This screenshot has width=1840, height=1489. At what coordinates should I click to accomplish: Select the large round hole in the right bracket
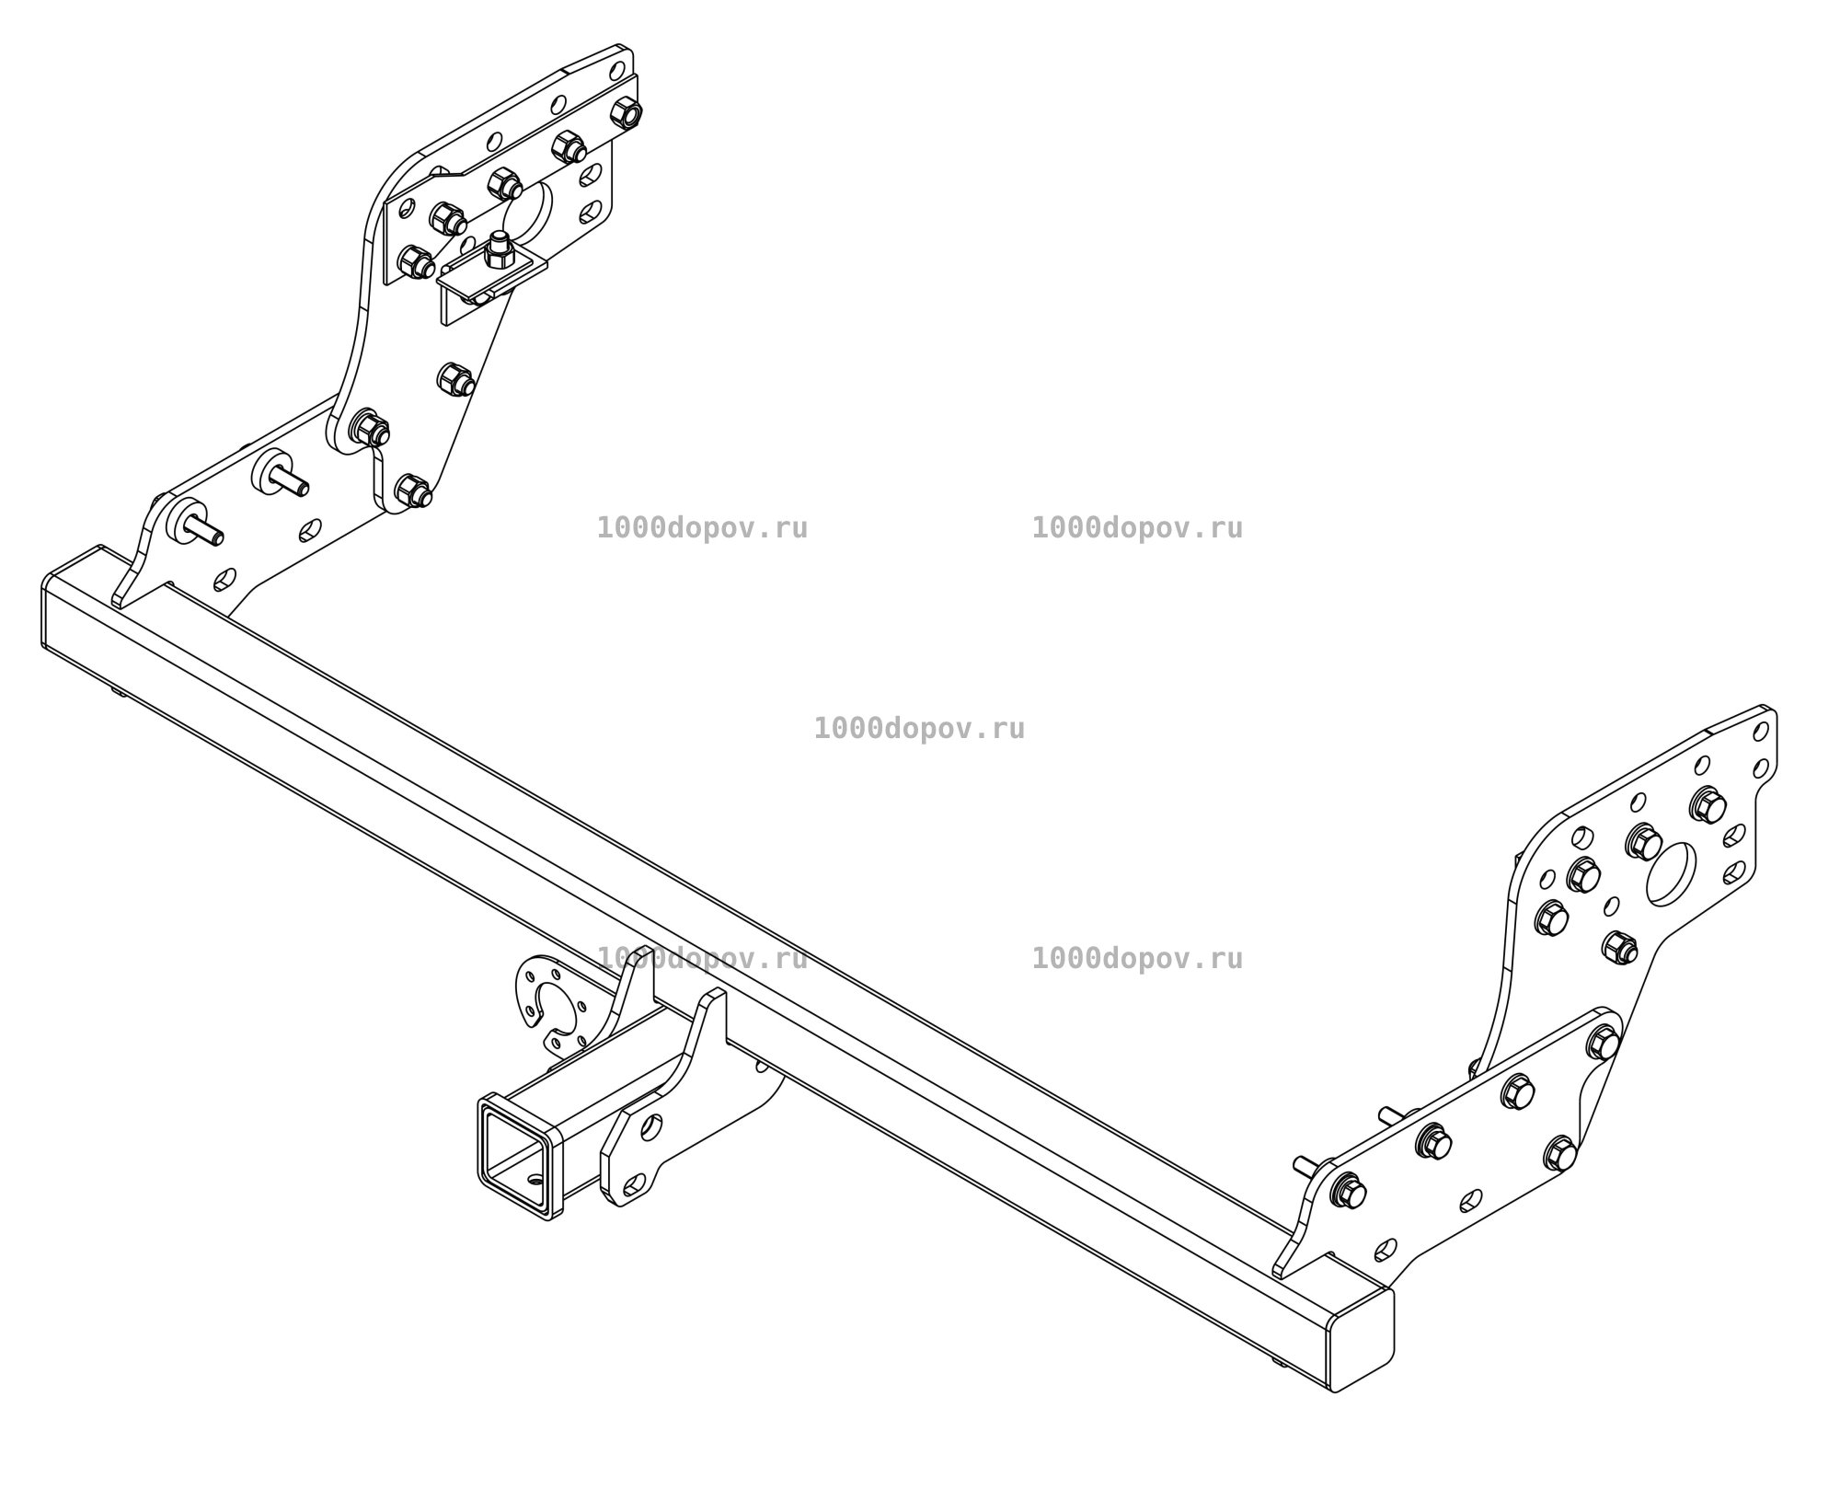[1671, 874]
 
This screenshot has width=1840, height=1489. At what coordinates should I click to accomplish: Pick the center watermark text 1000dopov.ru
[919, 729]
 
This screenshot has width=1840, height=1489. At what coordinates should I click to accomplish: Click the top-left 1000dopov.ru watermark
[702, 528]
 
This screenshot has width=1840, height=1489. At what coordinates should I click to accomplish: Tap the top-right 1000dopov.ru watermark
[1137, 528]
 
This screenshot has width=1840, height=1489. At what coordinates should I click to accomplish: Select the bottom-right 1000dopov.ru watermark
[1137, 959]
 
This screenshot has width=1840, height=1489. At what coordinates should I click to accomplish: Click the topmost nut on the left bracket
[626, 112]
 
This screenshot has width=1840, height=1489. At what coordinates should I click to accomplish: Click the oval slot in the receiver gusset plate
[634, 1183]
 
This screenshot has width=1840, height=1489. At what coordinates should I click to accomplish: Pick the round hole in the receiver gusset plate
[650, 1126]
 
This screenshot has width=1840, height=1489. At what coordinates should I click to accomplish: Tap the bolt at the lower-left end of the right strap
[1348, 1193]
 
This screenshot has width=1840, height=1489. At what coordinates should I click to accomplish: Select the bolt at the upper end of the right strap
[1604, 1042]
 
